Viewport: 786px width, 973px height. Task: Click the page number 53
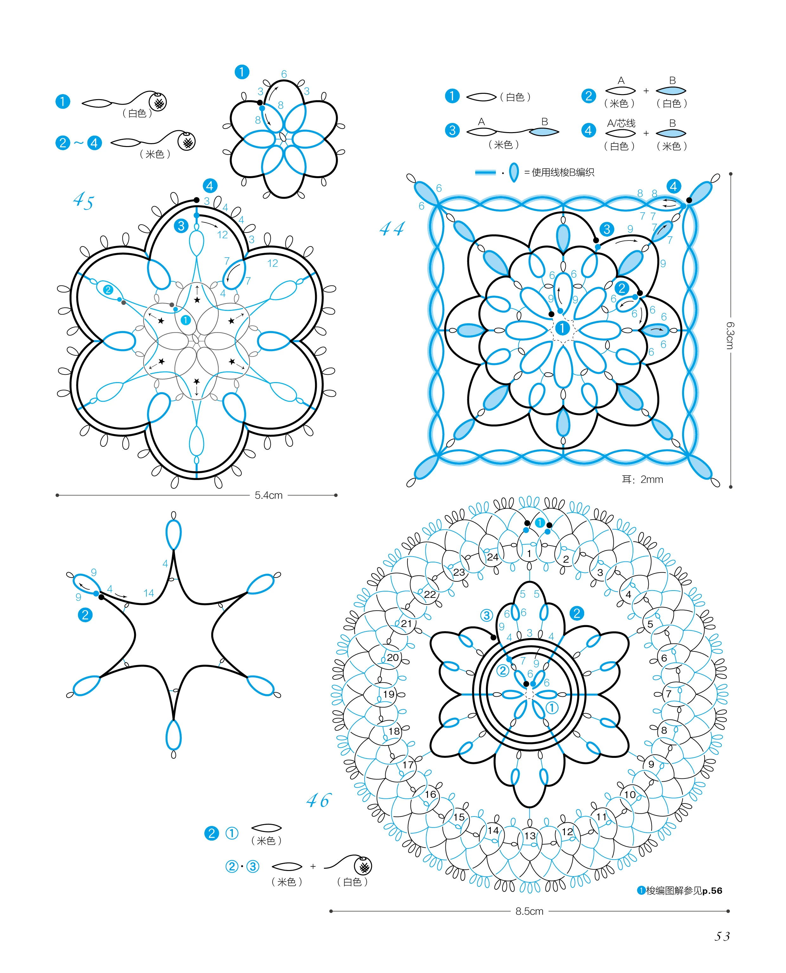click(722, 936)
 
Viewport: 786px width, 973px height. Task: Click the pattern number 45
click(83, 200)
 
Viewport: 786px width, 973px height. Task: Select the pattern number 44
click(392, 229)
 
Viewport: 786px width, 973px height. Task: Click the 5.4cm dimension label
click(268, 495)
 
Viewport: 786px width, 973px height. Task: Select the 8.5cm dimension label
click(529, 911)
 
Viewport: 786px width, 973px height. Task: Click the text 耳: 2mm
click(642, 479)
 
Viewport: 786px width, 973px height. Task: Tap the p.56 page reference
click(712, 891)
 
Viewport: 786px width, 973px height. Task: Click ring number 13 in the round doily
click(530, 835)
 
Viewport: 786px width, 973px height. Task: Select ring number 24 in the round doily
click(493, 557)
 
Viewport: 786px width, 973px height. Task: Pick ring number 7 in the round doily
click(668, 694)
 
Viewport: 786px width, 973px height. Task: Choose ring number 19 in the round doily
click(388, 694)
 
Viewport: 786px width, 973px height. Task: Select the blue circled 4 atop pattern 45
click(210, 186)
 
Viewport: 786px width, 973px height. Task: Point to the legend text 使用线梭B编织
click(563, 172)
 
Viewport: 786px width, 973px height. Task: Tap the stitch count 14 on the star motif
click(149, 593)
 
